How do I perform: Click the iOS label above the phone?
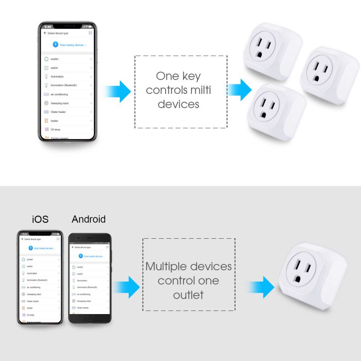coord(40,219)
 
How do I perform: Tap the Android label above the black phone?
coord(88,219)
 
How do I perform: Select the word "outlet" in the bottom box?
coord(188,295)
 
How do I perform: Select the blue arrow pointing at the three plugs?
coord(240,89)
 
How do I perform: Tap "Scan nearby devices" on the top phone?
coord(72,45)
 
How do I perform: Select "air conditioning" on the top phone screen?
coord(59,94)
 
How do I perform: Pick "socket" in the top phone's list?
coord(55,59)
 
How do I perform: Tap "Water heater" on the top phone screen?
coord(58,112)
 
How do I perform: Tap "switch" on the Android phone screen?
coord(80,274)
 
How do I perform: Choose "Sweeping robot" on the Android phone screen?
coord(84,301)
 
